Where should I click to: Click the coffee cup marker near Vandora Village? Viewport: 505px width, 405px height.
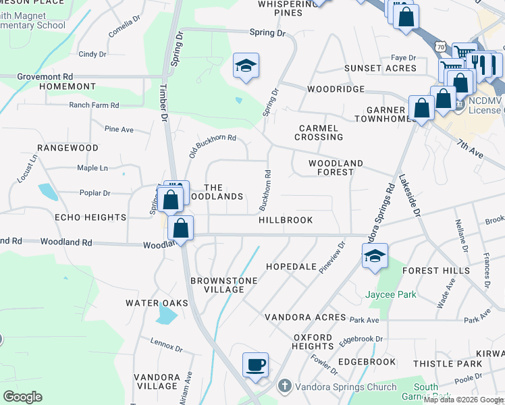(255, 365)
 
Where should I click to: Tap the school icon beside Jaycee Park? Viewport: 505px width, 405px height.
(375, 256)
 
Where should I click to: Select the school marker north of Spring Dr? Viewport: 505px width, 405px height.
(246, 65)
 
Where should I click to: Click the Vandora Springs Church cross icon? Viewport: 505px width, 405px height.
(285, 386)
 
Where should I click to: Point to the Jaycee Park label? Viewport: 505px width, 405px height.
(391, 294)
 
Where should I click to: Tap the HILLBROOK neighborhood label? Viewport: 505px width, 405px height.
(286, 220)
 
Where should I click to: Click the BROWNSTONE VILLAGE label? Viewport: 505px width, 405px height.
(217, 285)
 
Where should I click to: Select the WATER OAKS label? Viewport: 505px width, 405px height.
(157, 303)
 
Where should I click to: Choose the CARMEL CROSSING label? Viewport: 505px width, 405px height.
(321, 132)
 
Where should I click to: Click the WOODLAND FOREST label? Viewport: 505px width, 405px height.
(336, 167)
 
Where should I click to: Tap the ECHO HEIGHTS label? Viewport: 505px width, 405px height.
(90, 217)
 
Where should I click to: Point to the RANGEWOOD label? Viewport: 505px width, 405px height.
(68, 147)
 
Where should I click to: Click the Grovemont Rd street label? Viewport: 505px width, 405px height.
(45, 77)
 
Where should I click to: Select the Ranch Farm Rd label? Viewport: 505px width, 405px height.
(94, 105)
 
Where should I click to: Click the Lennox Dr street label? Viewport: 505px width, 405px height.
(167, 345)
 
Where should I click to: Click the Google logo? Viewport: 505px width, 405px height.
(22, 396)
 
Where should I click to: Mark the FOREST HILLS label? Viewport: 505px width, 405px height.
(435, 271)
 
